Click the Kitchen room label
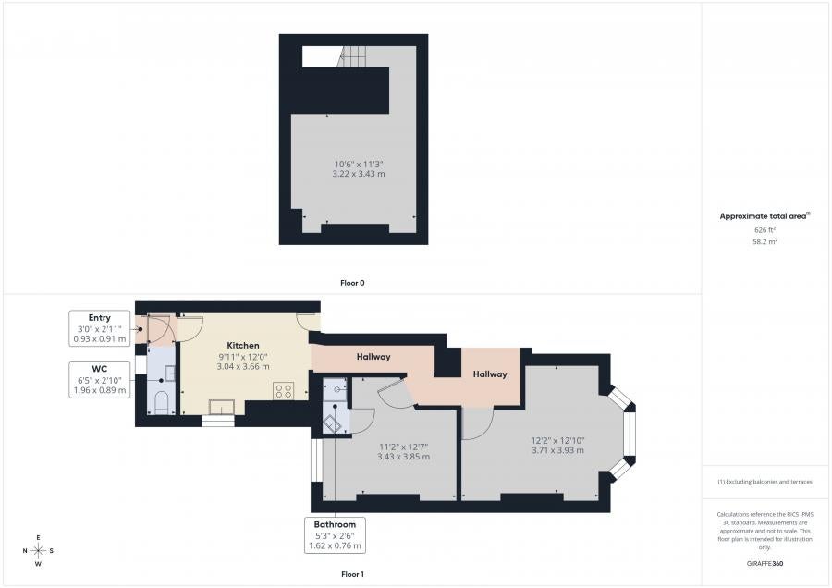tap(243, 345)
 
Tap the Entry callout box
tap(100, 328)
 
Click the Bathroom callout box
tap(335, 535)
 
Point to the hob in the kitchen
tap(284, 391)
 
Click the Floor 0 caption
tap(352, 283)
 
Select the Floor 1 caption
tap(352, 574)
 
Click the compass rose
tap(38, 551)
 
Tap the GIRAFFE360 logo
tap(765, 563)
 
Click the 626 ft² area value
tap(765, 230)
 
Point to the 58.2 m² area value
tap(765, 241)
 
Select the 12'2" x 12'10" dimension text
tap(557, 440)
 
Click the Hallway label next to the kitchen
tap(373, 357)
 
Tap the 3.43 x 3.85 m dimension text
tap(403, 457)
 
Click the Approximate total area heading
tap(765, 216)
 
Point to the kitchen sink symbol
tap(221, 407)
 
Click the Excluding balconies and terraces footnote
tap(765, 482)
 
